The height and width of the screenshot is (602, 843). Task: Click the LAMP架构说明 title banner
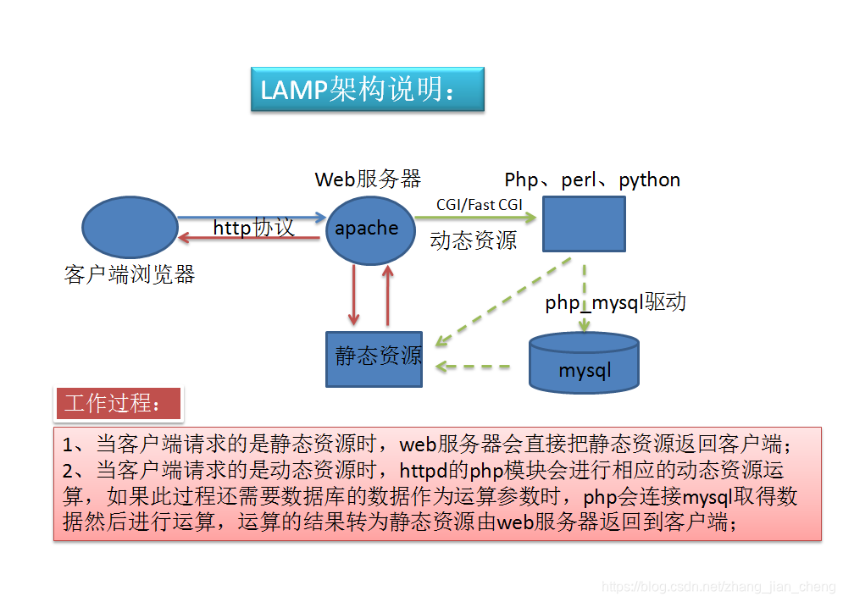pos(367,90)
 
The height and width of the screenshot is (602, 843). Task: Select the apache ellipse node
pos(367,229)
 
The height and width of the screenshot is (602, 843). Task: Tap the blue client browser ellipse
pos(129,229)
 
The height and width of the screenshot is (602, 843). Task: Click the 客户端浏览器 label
pos(130,274)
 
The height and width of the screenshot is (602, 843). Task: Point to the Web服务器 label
pos(368,179)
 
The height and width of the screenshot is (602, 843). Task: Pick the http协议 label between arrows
pos(253,228)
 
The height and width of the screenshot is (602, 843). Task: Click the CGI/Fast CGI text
pos(480,205)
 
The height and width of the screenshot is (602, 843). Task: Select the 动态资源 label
pos(473,240)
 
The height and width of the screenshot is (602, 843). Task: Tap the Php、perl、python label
pos(592,179)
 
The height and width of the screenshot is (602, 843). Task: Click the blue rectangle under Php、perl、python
pos(584,224)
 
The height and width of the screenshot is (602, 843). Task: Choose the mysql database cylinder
pos(584,364)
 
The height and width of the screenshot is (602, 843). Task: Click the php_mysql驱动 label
pos(615,302)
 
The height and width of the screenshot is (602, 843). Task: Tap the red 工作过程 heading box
pos(119,404)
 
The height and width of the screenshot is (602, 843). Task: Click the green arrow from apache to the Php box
pos(474,218)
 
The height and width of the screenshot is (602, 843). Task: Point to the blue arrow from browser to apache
pos(251,218)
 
